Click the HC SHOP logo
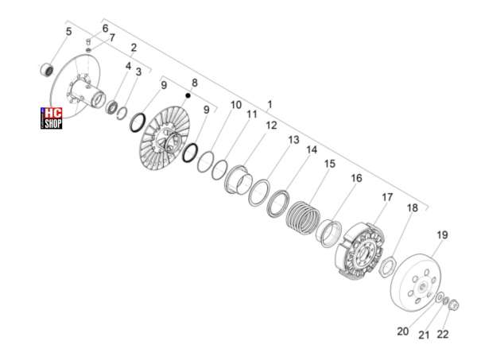(x=52, y=118)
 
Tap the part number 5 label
(x=68, y=31)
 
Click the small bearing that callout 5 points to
(x=47, y=70)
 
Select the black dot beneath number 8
(x=188, y=95)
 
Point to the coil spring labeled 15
(x=304, y=218)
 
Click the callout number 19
(x=442, y=235)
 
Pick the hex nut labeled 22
(x=454, y=305)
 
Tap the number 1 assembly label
(x=270, y=105)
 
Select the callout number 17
(x=387, y=197)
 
